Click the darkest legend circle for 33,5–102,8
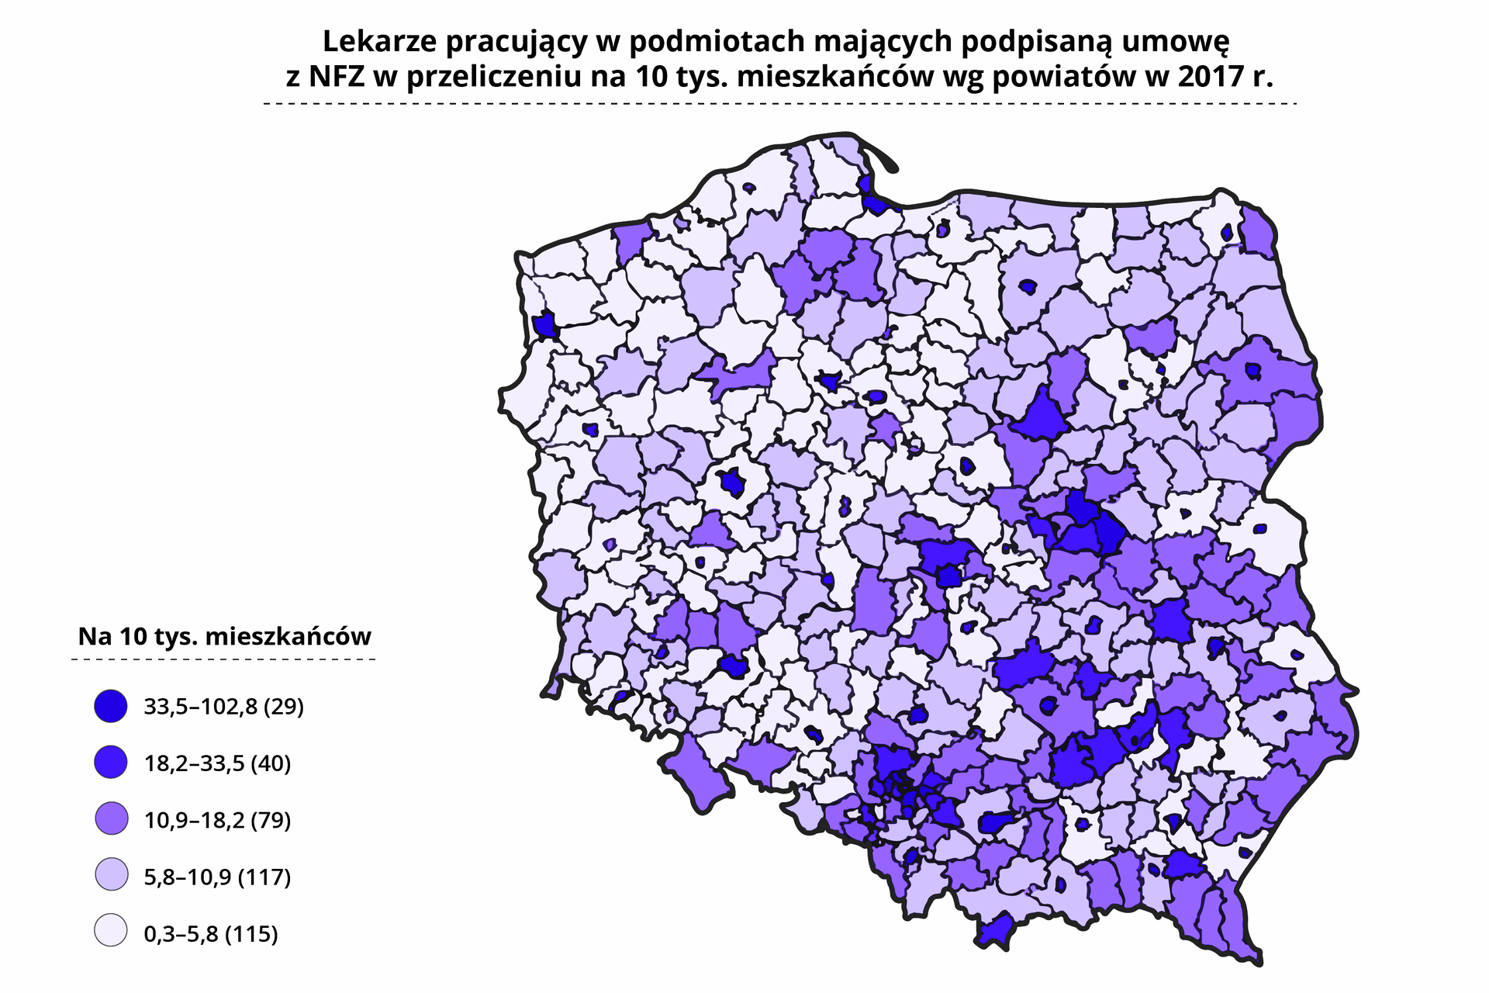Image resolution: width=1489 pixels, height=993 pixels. coord(111,706)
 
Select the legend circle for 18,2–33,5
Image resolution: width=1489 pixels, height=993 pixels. coord(111,763)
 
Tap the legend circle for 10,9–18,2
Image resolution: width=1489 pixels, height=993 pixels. coord(111,819)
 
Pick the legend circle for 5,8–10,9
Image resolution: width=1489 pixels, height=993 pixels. coord(111,876)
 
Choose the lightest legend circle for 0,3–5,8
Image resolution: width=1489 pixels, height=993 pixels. coord(111,932)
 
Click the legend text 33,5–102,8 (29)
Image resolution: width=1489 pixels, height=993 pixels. coord(223,707)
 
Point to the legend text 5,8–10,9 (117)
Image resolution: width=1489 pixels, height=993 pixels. coord(217,877)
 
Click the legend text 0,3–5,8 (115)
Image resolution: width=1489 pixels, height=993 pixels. coord(211,933)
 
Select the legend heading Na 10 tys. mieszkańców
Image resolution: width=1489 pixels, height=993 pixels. coord(224,636)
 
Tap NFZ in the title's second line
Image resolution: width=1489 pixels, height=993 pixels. coord(337,77)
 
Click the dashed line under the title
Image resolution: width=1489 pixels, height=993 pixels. coord(779,103)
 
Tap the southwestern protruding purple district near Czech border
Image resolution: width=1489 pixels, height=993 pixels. coord(694,776)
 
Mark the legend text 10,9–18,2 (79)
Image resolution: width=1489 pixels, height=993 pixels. coord(217,820)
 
